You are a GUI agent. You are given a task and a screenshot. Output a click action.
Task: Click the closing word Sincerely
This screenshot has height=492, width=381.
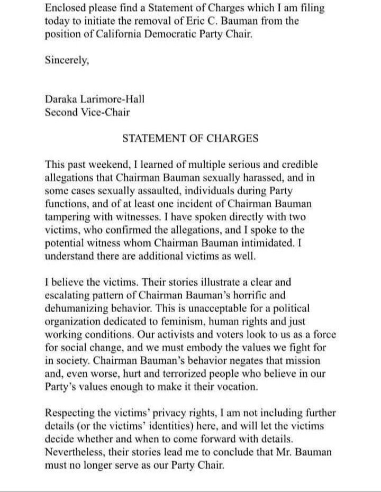pyautogui.click(x=67, y=60)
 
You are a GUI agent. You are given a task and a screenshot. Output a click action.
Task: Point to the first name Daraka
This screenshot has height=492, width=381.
pyautogui.click(x=62, y=99)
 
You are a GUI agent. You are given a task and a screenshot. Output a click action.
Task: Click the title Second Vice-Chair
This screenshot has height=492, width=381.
pyautogui.click(x=88, y=112)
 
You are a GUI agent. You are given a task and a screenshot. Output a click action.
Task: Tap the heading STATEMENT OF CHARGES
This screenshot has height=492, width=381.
pyautogui.click(x=190, y=139)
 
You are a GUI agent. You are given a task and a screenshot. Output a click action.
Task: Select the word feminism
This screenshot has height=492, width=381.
pyautogui.click(x=194, y=321)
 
